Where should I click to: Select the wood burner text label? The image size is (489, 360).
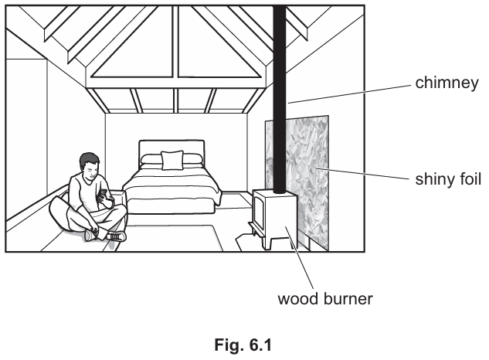325,297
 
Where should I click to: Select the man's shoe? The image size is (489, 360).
115,236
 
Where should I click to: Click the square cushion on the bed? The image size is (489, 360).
172,160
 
